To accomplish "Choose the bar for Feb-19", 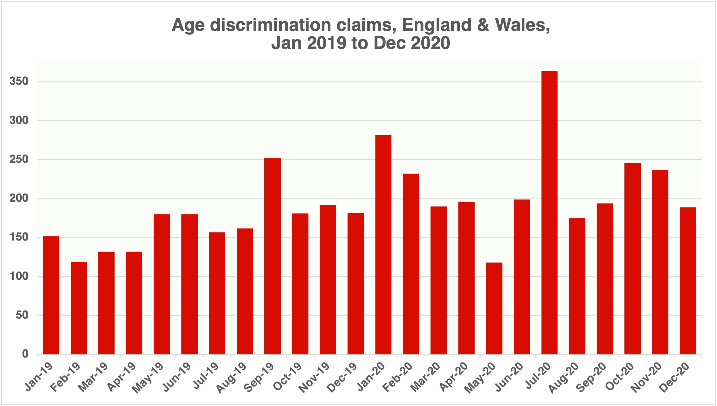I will (78, 308).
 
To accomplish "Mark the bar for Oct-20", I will (632, 259).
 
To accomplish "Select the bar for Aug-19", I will (245, 291).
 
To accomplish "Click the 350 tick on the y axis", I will (19, 81).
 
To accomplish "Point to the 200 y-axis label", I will (19, 198).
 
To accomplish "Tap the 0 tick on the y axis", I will (25, 354).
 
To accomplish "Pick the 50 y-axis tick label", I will (22, 315).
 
